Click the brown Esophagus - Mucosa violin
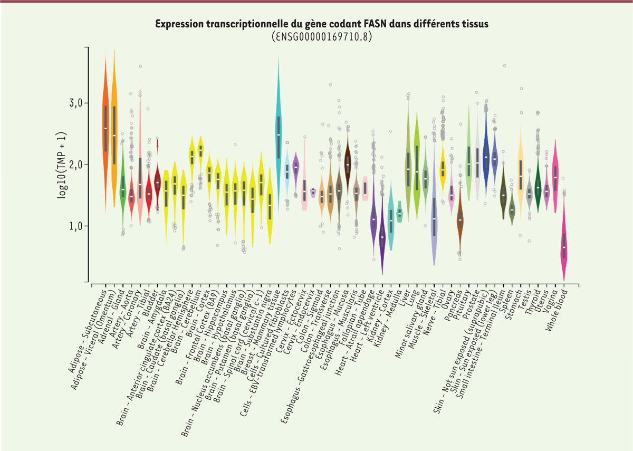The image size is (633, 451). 347,164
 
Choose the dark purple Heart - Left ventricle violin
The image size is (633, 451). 382,237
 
